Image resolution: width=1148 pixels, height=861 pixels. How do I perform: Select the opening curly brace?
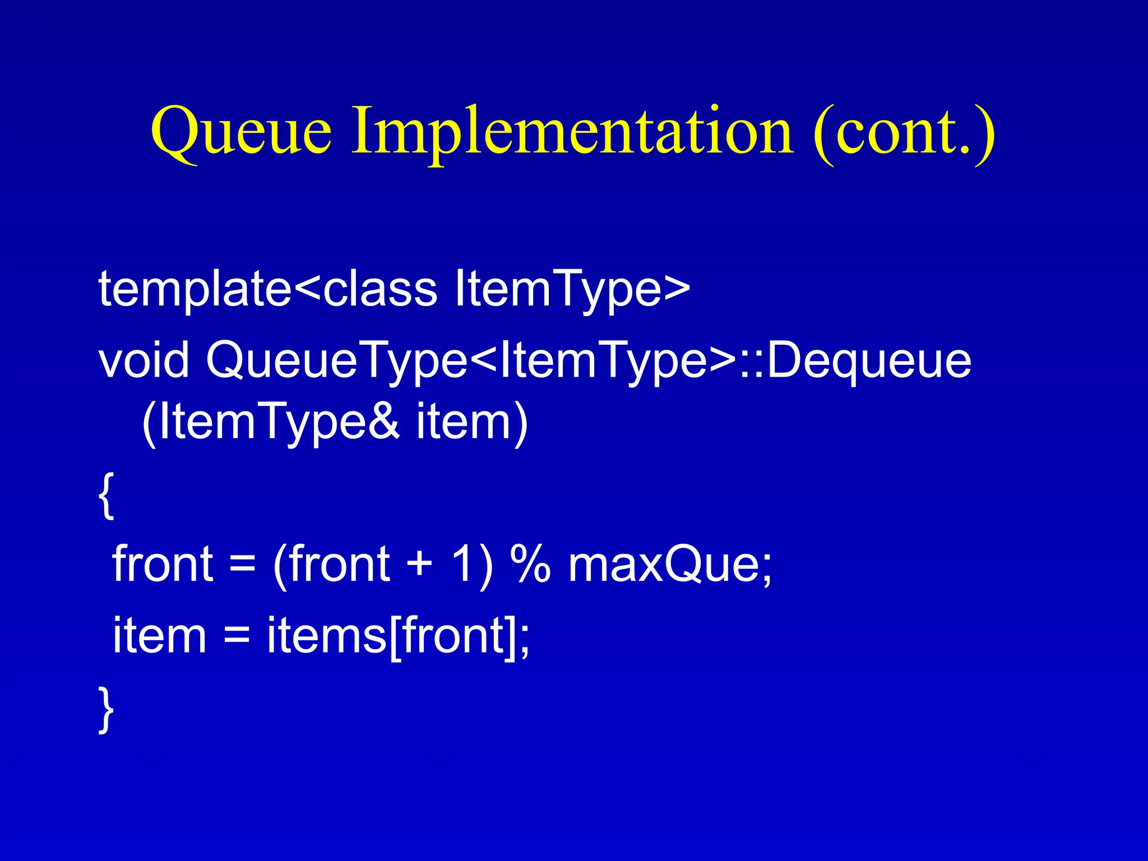pyautogui.click(x=107, y=496)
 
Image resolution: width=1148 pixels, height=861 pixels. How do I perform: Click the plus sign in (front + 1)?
pyautogui.click(x=419, y=565)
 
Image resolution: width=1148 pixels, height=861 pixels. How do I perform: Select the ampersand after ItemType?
pyautogui.click(x=385, y=422)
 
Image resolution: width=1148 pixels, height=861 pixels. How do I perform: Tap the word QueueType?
pyautogui.click(x=336, y=362)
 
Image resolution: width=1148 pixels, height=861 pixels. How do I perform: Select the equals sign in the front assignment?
pyautogui.click(x=242, y=565)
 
